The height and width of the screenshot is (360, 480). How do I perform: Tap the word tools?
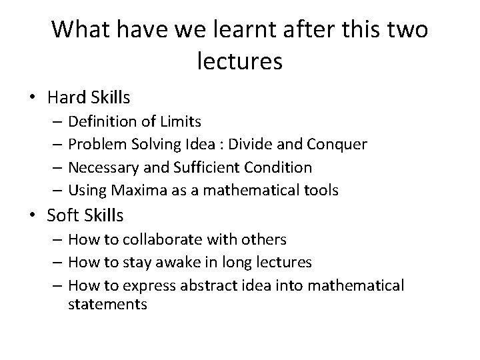pos(321,190)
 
